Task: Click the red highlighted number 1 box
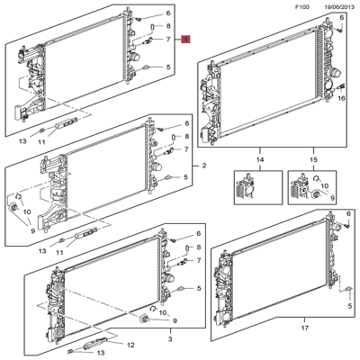pos(186,40)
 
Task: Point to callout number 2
pos(204,167)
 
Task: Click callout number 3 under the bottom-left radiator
pos(169,339)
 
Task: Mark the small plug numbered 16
pos(341,86)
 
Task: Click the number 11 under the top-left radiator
pos(59,141)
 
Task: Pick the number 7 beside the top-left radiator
pos(168,40)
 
